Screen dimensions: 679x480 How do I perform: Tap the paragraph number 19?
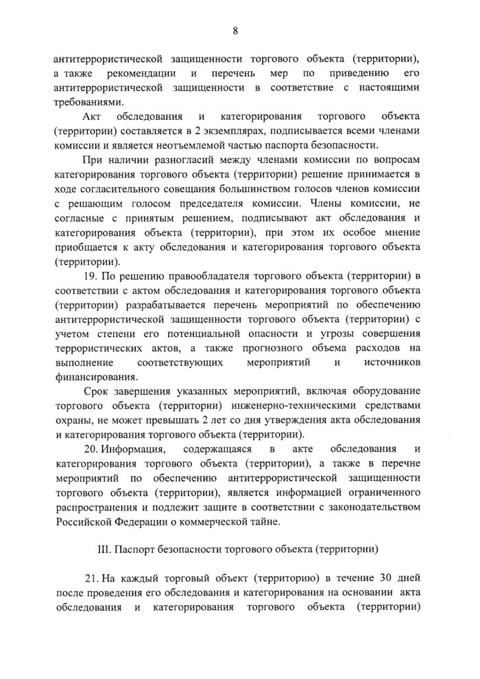pos(89,276)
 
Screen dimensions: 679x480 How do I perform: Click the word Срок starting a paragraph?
pos(95,391)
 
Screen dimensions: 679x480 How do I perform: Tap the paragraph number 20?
pos(89,449)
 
